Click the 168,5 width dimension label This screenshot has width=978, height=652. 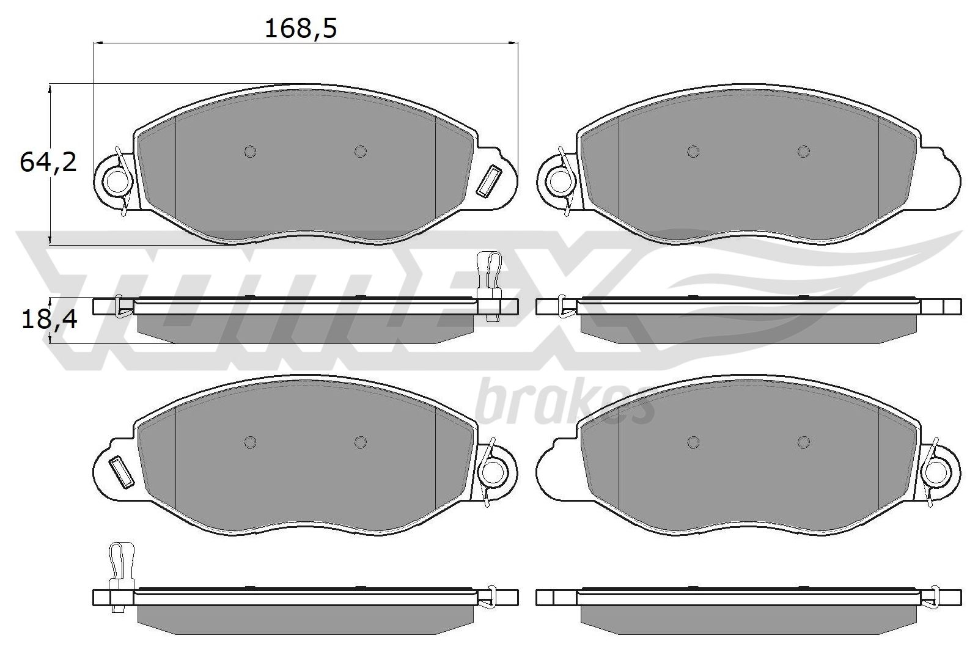pos(301,28)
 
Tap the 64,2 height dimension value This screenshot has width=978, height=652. pos(48,163)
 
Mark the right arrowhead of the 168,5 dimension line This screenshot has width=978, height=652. pos(514,43)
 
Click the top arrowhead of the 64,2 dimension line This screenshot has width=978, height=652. pos(51,89)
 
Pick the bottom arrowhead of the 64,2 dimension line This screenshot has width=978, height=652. pos(51,239)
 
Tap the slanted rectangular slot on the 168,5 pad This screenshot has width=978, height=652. pos(488,181)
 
